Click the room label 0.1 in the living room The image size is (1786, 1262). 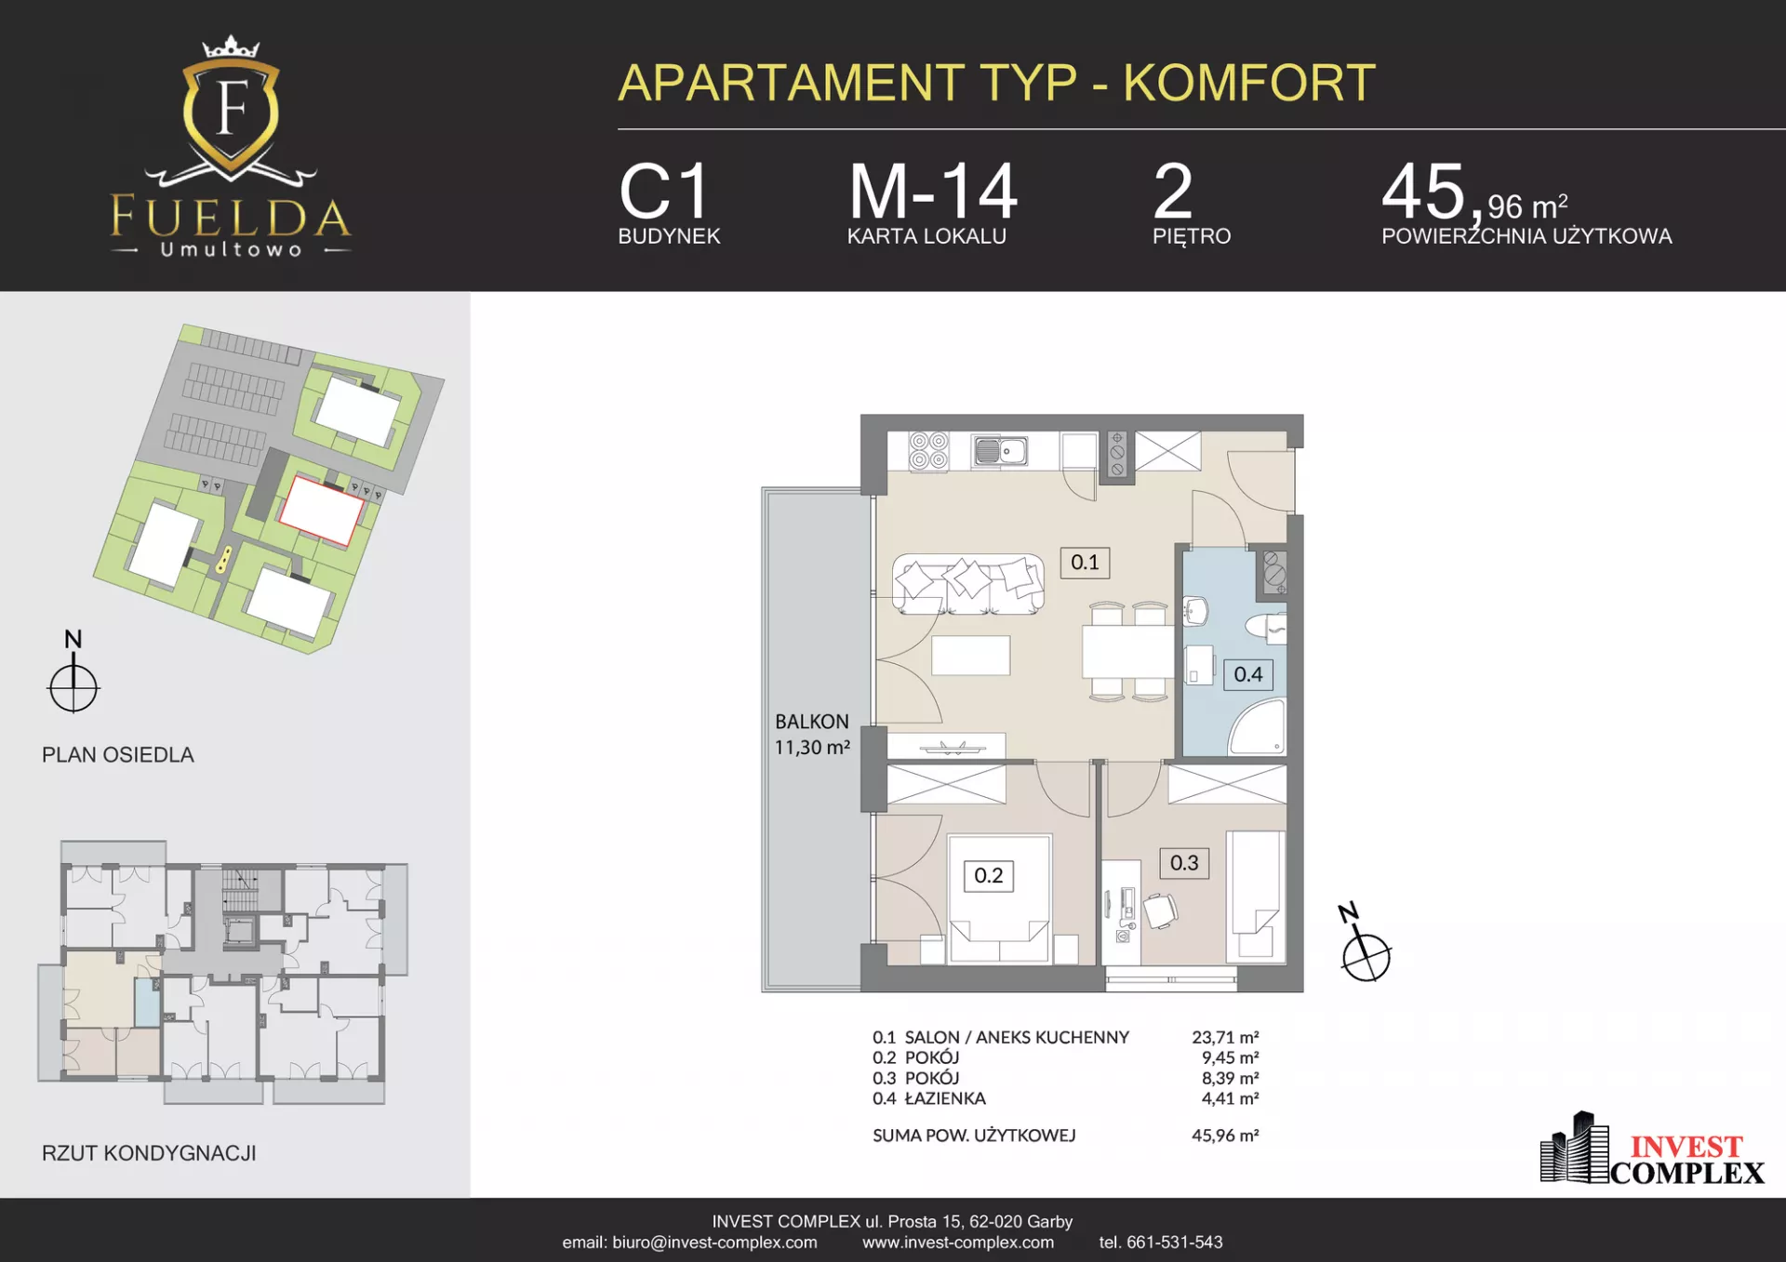pyautogui.click(x=1085, y=563)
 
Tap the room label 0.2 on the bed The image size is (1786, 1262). pyautogui.click(x=988, y=876)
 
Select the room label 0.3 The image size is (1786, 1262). pyautogui.click(x=1184, y=863)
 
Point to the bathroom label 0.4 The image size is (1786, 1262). pyautogui.click(x=1248, y=674)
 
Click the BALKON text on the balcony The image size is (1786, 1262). pyautogui.click(x=812, y=722)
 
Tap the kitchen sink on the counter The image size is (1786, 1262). pyautogui.click(x=1000, y=451)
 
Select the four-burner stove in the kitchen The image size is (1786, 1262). pyautogui.click(x=928, y=451)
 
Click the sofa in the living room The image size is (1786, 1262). pyautogui.click(x=968, y=584)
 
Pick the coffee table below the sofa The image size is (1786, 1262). pyautogui.click(x=970, y=655)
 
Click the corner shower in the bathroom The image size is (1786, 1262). pyautogui.click(x=1259, y=726)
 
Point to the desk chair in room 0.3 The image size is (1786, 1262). pyautogui.click(x=1160, y=910)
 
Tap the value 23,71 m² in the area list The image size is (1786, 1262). pyautogui.click(x=1225, y=1037)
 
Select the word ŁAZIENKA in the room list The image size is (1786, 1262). pyautogui.click(x=945, y=1098)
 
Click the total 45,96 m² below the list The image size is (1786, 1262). pyautogui.click(x=1225, y=1136)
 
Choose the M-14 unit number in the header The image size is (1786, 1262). pyautogui.click(x=933, y=192)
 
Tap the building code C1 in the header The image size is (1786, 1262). pyautogui.click(x=664, y=192)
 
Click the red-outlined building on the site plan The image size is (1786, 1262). pyautogui.click(x=322, y=510)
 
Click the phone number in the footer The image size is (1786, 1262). pyautogui.click(x=1161, y=1242)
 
